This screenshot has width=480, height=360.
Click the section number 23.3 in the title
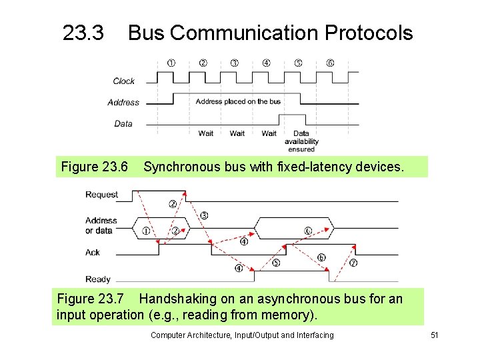(x=83, y=33)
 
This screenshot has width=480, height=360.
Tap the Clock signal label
(x=123, y=81)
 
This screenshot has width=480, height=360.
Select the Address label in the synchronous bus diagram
(x=123, y=102)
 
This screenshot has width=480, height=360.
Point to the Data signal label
(x=123, y=123)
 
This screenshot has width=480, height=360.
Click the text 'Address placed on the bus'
(x=238, y=101)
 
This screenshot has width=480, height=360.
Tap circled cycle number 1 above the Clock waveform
(x=171, y=63)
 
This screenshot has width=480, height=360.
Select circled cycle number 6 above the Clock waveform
(x=331, y=63)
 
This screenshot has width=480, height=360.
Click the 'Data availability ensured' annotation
(x=301, y=141)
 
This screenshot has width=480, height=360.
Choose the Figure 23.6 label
(x=94, y=166)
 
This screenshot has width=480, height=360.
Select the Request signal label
(x=101, y=195)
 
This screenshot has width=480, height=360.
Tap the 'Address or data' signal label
(x=101, y=225)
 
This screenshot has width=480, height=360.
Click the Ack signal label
(x=93, y=253)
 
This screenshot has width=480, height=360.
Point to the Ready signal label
(x=97, y=279)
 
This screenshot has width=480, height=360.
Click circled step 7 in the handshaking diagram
(x=353, y=263)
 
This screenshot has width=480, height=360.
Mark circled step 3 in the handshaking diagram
(x=204, y=215)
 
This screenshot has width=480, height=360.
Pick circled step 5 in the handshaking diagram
(x=277, y=263)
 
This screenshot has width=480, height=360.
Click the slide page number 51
(x=434, y=335)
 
